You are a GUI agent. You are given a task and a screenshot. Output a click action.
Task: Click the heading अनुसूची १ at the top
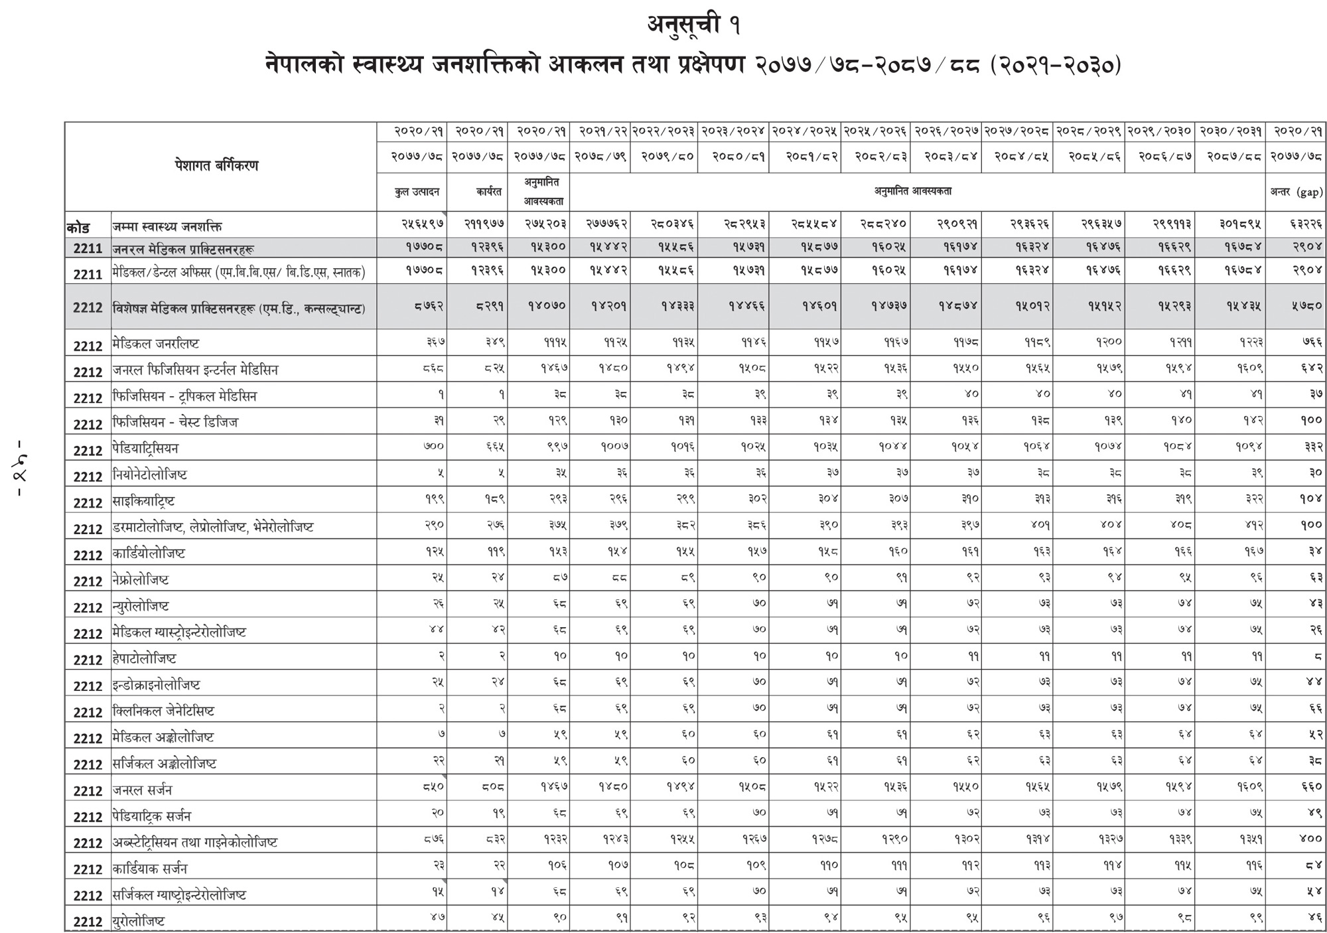coord(693,25)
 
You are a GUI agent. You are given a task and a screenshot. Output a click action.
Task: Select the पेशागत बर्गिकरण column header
coord(216,166)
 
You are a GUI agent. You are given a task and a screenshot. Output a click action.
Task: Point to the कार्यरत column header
coord(488,192)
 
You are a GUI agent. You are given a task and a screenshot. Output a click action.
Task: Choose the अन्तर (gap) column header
coord(1296,192)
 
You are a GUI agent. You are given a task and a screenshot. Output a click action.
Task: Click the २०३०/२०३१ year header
coord(1231,131)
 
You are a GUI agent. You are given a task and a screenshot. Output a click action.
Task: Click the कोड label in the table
coord(78,227)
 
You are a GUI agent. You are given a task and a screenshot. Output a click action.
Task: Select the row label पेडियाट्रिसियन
coord(146,449)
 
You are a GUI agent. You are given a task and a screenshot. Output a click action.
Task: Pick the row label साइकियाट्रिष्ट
coord(144,501)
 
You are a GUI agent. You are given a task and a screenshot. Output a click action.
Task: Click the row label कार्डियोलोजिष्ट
coord(149,553)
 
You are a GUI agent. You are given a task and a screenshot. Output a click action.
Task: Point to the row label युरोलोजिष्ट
coord(139,921)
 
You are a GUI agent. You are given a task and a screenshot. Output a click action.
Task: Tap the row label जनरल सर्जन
coord(142,790)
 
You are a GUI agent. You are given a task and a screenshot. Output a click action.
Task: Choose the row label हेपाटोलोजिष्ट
coord(145,659)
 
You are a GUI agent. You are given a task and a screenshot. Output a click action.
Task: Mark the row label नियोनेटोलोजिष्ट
coord(150,475)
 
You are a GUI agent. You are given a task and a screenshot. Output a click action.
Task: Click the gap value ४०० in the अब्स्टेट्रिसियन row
coord(1310,839)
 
